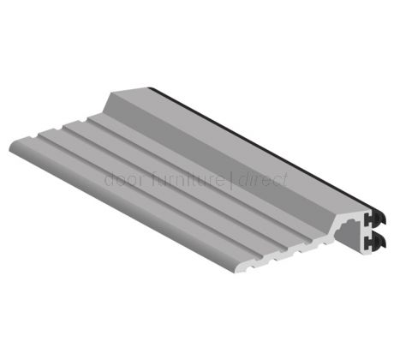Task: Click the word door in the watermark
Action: pyautogui.click(x=119, y=181)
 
